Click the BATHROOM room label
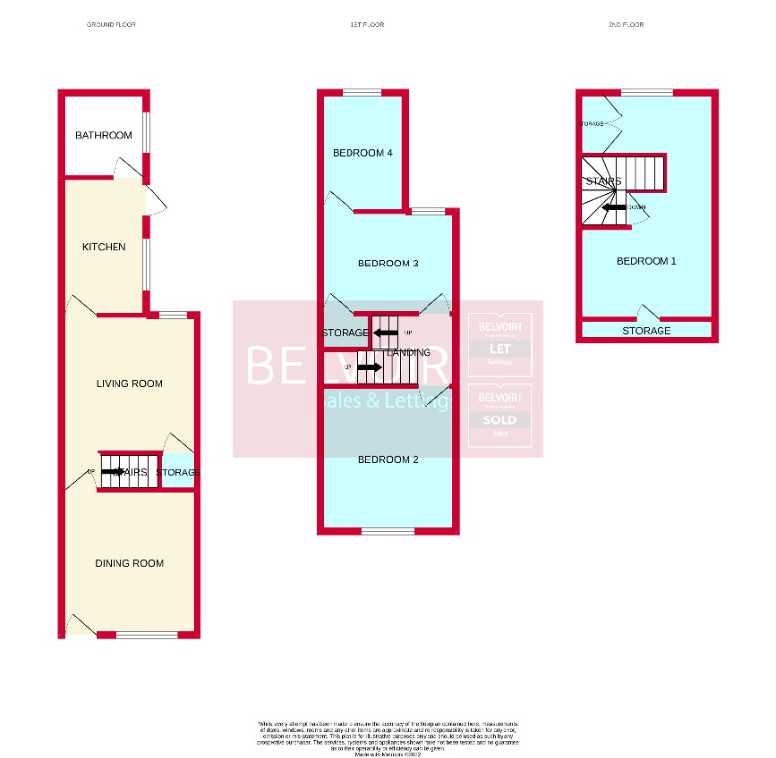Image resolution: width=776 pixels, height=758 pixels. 104,135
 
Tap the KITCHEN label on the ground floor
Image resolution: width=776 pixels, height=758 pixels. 104,246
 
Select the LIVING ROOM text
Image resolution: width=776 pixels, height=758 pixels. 129,383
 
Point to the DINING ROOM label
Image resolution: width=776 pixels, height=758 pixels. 129,563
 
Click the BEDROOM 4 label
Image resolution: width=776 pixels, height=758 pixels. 362,153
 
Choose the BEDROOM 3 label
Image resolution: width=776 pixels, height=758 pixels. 388,264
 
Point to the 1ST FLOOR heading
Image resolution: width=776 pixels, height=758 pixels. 365,24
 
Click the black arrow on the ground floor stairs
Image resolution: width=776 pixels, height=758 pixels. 113,472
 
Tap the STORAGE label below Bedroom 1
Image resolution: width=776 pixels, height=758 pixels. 647,331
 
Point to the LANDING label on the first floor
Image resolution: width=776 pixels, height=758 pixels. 409,352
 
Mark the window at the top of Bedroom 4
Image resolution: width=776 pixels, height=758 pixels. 362,93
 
